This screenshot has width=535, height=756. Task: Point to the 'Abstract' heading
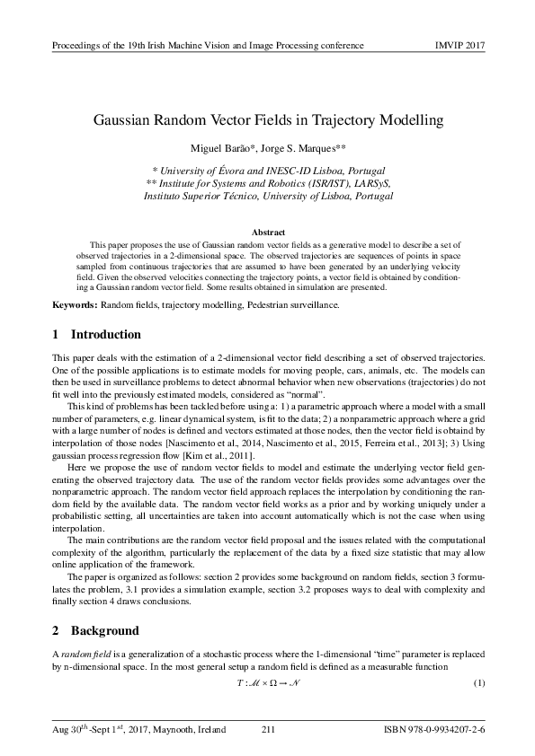click(267, 232)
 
